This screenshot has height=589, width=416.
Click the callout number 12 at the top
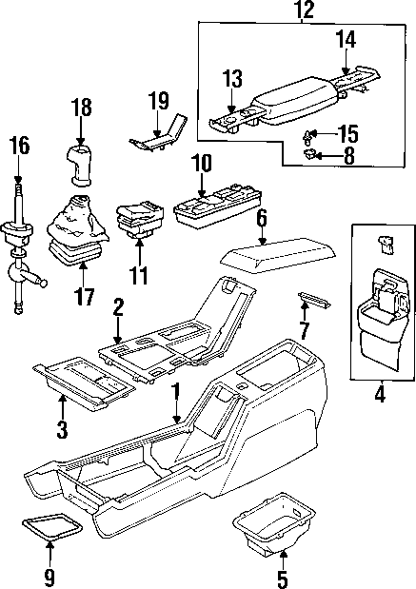point(303,11)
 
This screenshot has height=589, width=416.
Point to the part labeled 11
point(139,221)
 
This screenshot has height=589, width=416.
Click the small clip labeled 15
point(310,132)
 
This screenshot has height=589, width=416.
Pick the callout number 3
point(62,429)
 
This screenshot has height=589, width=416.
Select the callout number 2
point(117,307)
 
